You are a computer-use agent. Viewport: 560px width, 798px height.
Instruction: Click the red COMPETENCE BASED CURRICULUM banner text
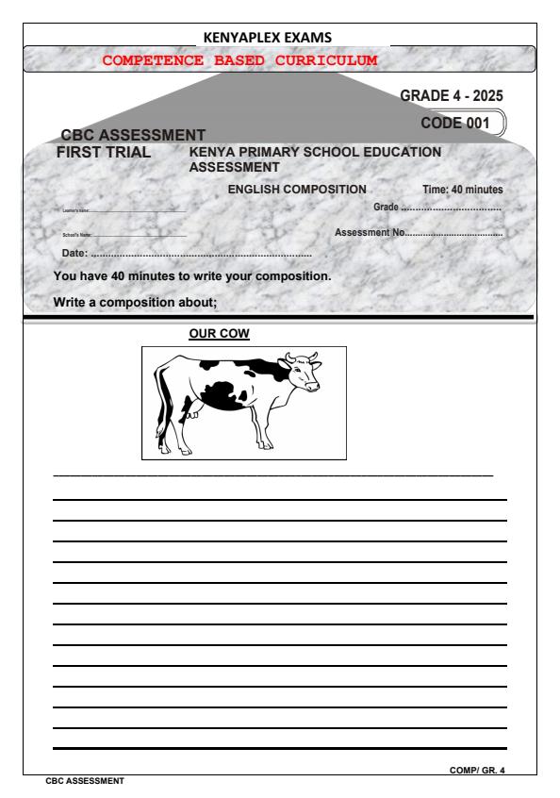[239, 59]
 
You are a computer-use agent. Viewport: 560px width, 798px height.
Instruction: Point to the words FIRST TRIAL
[105, 151]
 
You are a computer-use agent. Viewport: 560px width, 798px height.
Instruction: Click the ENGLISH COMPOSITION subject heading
[297, 190]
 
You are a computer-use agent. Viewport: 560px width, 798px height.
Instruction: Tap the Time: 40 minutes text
[462, 191]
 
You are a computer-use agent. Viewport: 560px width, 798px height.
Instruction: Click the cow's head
[304, 374]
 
